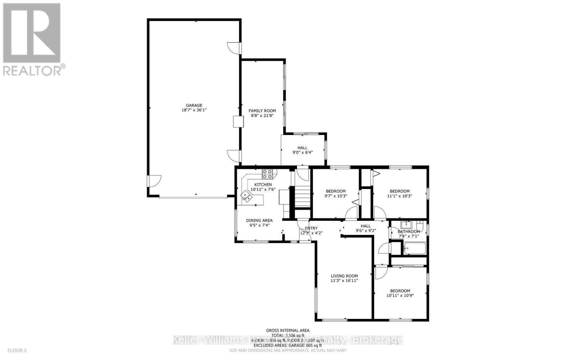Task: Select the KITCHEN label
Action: pyautogui.click(x=263, y=185)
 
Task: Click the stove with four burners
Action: pyautogui.click(x=267, y=174)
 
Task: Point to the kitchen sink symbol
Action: pyautogui.click(x=247, y=196)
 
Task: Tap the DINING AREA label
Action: pyautogui.click(x=259, y=220)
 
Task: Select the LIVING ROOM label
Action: pyautogui.click(x=344, y=276)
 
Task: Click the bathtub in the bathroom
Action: pyautogui.click(x=415, y=248)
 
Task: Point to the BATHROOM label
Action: pyautogui.click(x=409, y=231)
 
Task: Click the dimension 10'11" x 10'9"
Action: pyautogui.click(x=400, y=296)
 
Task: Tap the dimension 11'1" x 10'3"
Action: pyautogui.click(x=400, y=196)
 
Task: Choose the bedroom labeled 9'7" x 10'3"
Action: pyautogui.click(x=336, y=194)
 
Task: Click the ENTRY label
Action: pyautogui.click(x=311, y=228)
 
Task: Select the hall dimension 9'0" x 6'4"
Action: pyautogui.click(x=302, y=152)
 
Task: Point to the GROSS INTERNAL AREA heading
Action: pyautogui.click(x=288, y=330)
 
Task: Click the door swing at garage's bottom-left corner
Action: pyautogui.click(x=153, y=181)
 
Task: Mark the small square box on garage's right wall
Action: pyautogui.click(x=238, y=121)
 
